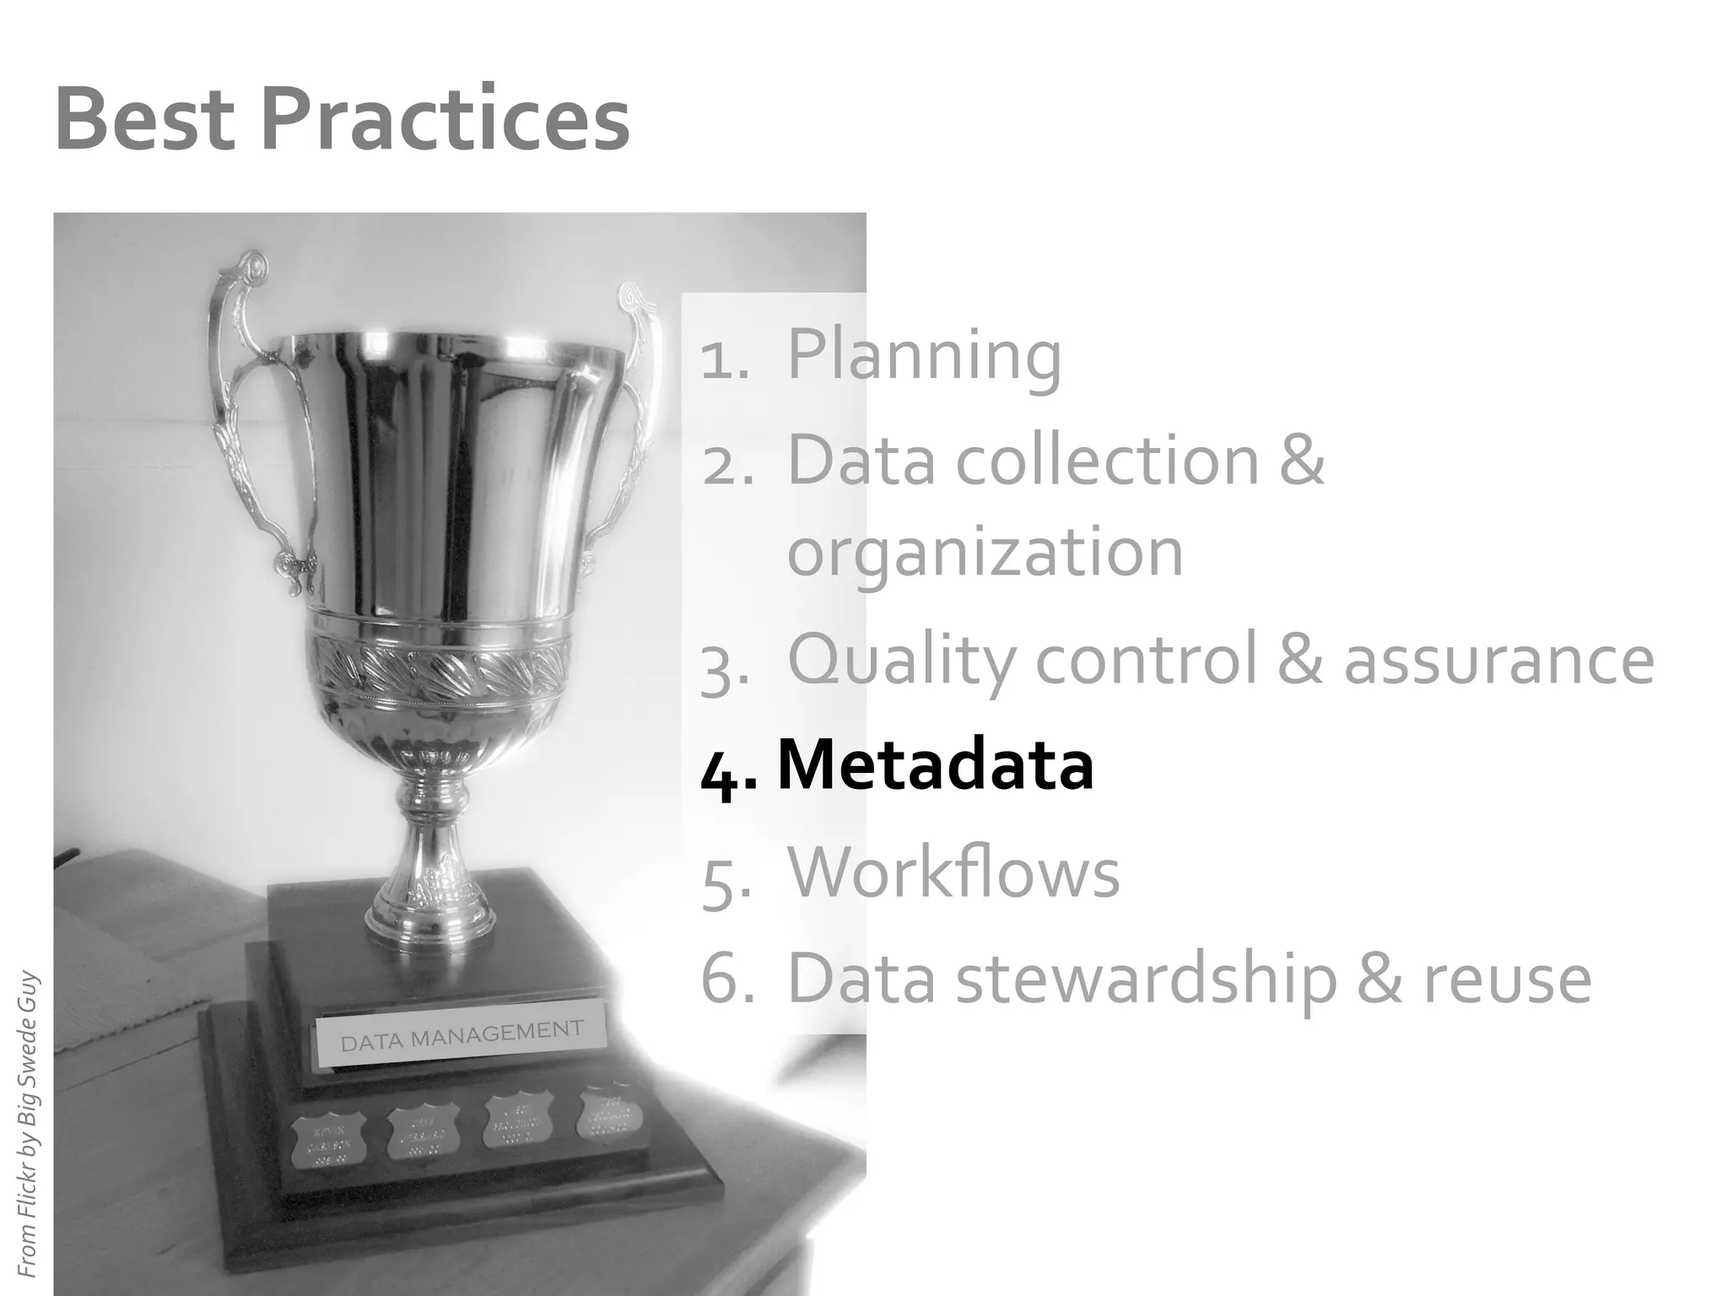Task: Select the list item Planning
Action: click(x=924, y=354)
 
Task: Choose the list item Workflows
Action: click(x=953, y=872)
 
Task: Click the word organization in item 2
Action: click(x=985, y=553)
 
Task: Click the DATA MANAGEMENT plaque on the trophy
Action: click(x=462, y=1034)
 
